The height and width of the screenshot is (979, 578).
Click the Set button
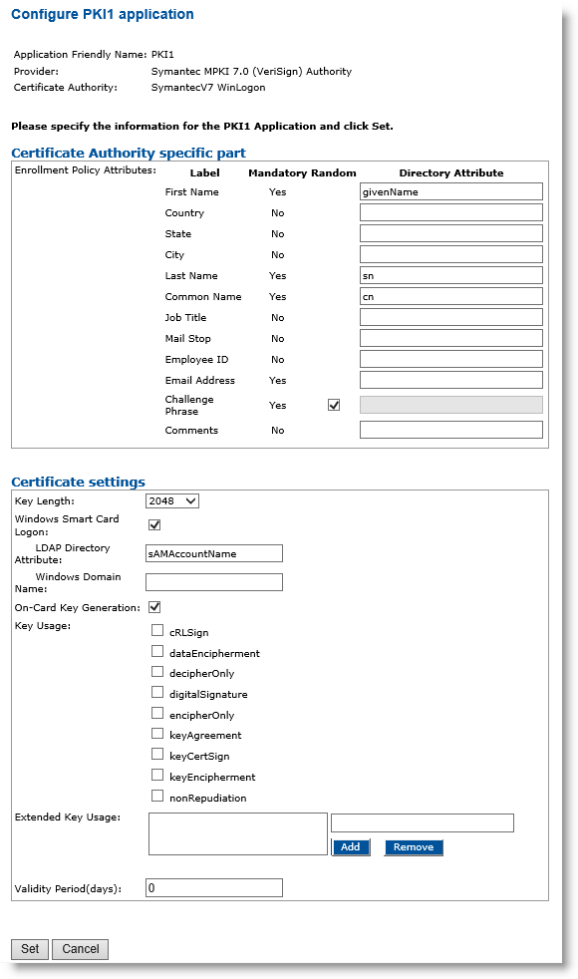point(30,949)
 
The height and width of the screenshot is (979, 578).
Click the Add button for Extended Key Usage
point(350,847)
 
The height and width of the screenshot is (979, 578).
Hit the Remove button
point(414,847)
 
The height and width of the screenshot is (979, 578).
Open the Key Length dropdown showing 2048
point(172,500)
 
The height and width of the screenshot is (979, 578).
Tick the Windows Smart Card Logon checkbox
point(154,524)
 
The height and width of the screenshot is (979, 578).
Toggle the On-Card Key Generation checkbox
point(154,606)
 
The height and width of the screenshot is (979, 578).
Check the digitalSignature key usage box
point(157,692)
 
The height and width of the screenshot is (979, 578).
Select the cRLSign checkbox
point(157,630)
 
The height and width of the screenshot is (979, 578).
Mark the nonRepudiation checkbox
point(157,796)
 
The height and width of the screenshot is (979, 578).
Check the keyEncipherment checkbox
point(157,775)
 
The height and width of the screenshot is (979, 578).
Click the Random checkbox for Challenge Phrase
point(334,405)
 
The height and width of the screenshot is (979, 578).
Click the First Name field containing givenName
point(450,191)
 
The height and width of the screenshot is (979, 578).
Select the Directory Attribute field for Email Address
point(450,380)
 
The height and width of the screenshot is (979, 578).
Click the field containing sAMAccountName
point(214,553)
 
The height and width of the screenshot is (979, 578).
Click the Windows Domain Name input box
point(214,582)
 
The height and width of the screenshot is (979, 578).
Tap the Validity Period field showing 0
point(214,887)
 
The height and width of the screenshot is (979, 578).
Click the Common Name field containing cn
point(450,296)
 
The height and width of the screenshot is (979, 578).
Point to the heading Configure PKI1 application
point(102,15)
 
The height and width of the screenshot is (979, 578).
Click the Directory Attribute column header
point(451,172)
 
